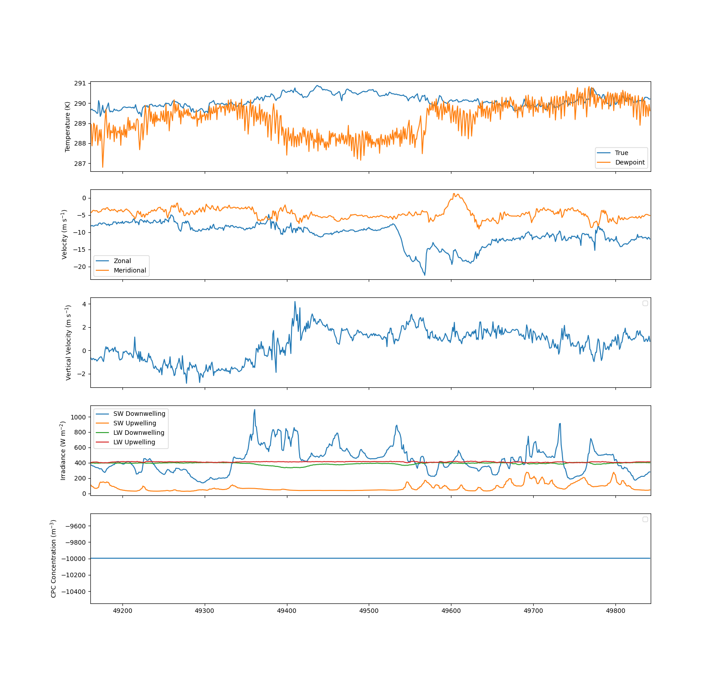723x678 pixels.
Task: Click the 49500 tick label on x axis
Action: [369, 611]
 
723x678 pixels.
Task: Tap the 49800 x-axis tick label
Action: [615, 611]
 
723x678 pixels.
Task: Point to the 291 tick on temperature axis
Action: [80, 83]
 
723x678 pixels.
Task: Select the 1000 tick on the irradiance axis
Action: [78, 417]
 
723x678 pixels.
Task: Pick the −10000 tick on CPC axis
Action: [74, 559]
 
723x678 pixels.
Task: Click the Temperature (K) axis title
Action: [68, 127]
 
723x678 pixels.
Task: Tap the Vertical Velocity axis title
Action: [69, 343]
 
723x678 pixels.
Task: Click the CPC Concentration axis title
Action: [54, 559]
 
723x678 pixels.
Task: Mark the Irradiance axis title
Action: [63, 451]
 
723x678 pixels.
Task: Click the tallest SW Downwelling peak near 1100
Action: [254, 410]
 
